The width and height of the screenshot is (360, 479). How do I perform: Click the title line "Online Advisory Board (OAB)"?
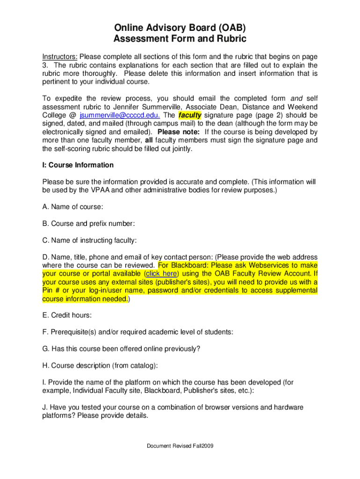click(x=180, y=27)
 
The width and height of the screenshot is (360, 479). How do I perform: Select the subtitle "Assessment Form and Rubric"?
click(x=180, y=39)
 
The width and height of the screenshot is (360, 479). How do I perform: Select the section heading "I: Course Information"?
click(x=78, y=165)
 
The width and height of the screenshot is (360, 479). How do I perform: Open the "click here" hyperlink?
click(x=161, y=274)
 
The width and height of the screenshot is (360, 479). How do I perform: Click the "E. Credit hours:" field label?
click(x=67, y=315)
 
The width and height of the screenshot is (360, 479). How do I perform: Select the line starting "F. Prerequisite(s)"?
click(x=137, y=332)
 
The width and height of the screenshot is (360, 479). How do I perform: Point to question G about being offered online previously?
click(x=121, y=348)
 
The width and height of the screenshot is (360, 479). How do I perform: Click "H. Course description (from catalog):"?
click(x=100, y=365)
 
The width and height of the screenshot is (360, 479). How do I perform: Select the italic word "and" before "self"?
click(x=296, y=98)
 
